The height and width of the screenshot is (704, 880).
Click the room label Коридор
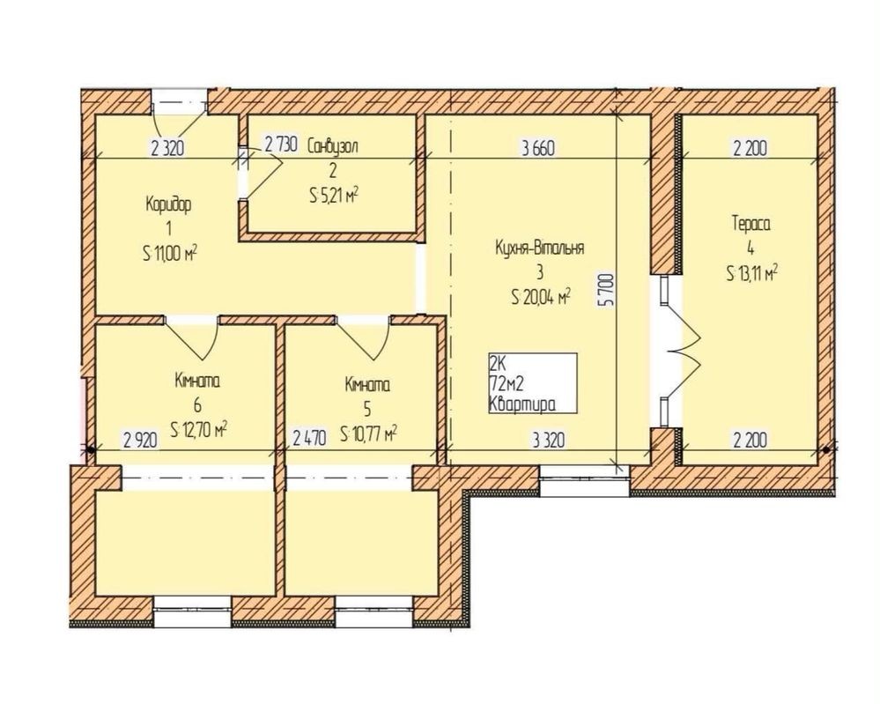coord(168,204)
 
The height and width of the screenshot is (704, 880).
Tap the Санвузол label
coord(333,146)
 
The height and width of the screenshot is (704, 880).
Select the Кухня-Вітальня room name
coord(539,248)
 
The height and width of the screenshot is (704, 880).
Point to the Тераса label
coord(751,224)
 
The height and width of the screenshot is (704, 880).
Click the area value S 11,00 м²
coord(171,254)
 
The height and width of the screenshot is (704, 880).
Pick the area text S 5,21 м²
coord(333,196)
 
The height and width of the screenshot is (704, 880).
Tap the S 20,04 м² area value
coord(541,296)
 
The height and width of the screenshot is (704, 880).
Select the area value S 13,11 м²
coord(751,273)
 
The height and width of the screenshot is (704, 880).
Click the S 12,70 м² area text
coord(199,430)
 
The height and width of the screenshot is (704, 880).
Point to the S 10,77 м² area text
coord(369,433)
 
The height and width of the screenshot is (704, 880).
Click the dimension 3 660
coord(537,149)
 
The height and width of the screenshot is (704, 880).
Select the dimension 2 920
coord(140,440)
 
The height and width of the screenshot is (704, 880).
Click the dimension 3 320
coord(548,440)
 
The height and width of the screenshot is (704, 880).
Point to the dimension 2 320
coord(167,149)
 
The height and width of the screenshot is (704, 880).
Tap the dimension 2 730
coord(280,145)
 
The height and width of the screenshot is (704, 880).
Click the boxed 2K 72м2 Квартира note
coord(533,383)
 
